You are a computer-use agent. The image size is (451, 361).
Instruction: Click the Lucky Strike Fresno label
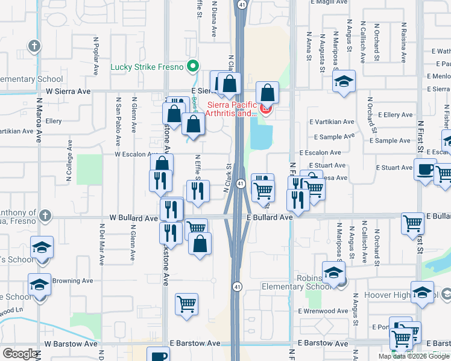click(147, 67)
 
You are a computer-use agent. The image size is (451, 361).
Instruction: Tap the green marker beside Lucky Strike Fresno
click(193, 66)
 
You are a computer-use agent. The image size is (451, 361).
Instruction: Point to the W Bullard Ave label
click(133, 217)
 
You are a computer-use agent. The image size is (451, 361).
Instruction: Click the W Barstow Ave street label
click(71, 344)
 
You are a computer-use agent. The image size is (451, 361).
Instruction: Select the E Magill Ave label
click(327, 2)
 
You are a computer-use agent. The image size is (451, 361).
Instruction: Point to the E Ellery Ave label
click(395, 115)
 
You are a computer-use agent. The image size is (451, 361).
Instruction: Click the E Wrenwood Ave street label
click(323, 311)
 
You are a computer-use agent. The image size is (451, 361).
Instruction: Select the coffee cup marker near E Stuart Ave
click(425, 169)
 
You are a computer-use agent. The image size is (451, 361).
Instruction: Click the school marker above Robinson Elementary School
click(333, 272)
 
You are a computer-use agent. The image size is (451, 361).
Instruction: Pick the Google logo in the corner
click(20, 354)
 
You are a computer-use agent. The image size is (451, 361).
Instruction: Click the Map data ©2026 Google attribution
click(414, 356)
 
